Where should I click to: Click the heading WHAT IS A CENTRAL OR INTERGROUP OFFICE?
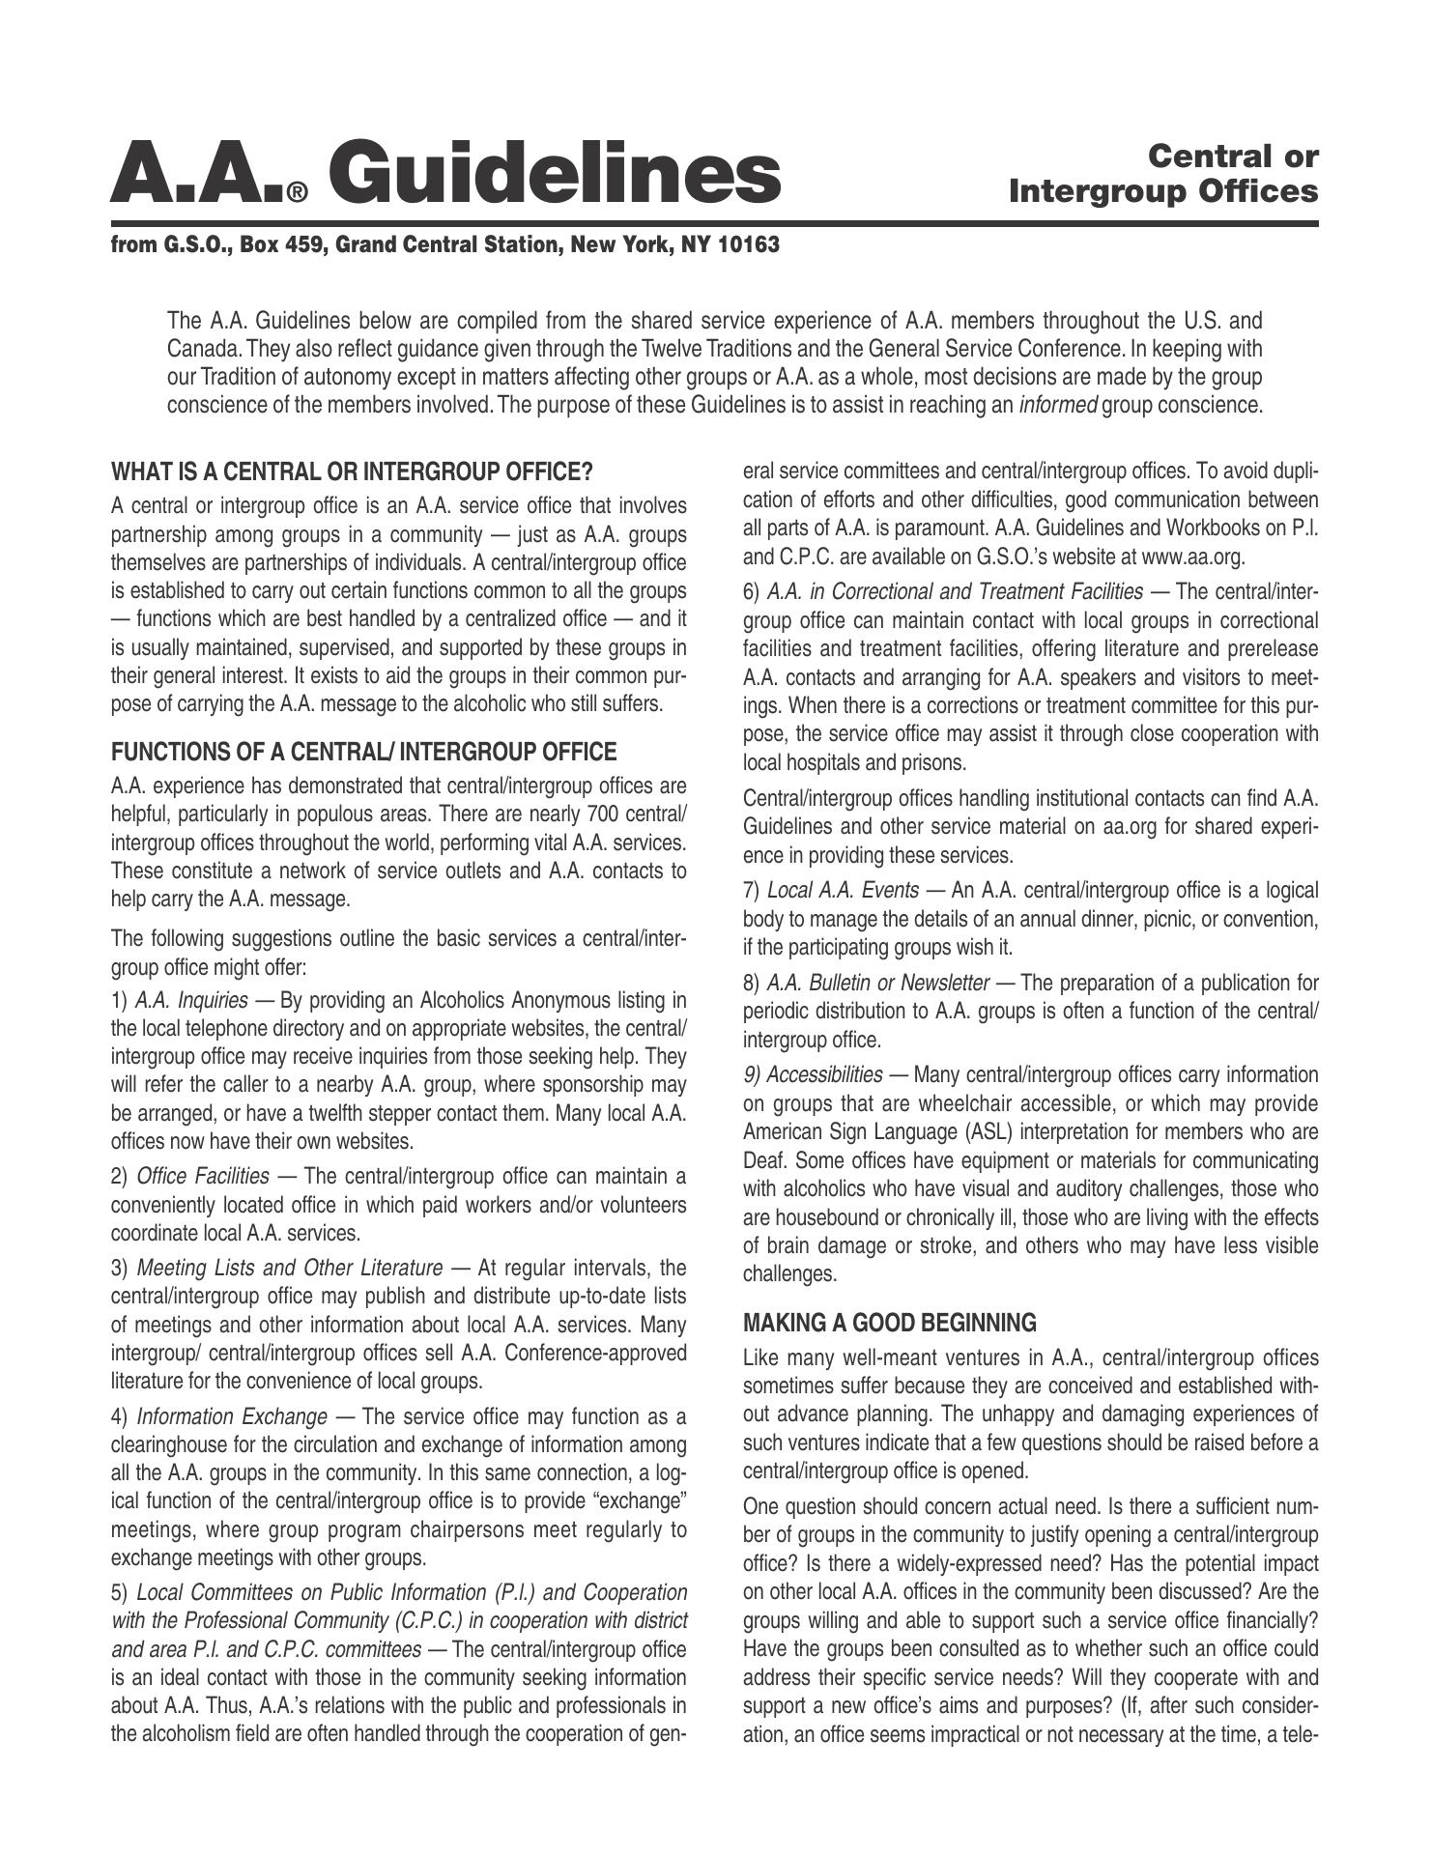point(352,471)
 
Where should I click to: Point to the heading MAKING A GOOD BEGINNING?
point(889,1322)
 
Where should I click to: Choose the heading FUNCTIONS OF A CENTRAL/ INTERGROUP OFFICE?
point(363,752)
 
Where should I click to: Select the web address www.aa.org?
point(1192,557)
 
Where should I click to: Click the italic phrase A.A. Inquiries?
point(191,999)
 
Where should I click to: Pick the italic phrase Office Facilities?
point(203,1176)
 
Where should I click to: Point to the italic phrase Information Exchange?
point(232,1416)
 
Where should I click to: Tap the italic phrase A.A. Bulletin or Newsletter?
point(877,983)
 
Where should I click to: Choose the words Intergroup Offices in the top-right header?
point(1162,191)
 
